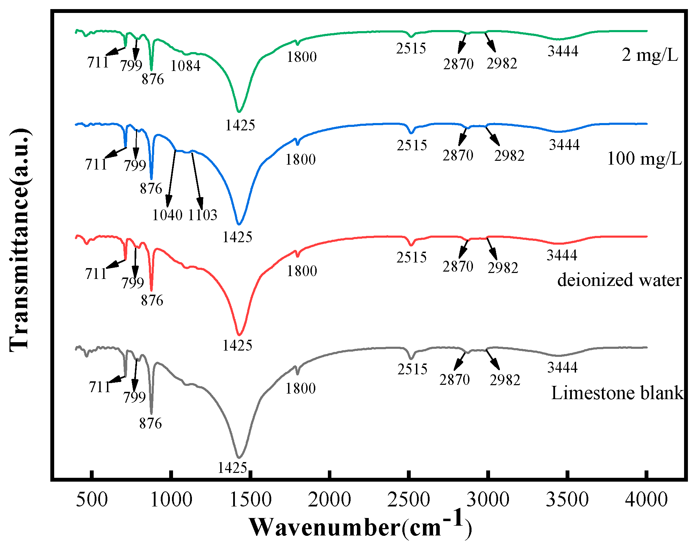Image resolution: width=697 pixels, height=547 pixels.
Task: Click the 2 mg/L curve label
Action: (650, 55)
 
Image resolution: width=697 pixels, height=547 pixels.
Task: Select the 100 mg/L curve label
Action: (644, 159)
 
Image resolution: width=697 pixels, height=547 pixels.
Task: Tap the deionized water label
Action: (619, 280)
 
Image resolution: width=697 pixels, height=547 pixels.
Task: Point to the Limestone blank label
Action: (617, 393)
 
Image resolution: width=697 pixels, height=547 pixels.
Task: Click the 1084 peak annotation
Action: (185, 66)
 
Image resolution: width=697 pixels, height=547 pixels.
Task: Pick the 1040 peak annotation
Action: (167, 215)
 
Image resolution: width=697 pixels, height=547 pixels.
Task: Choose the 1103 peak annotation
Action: (203, 215)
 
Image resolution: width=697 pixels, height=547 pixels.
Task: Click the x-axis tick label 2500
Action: (408, 499)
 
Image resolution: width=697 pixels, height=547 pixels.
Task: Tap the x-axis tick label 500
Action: (92, 499)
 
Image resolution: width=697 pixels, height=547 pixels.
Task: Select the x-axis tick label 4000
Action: (646, 499)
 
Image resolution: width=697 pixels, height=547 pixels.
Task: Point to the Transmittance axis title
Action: (19, 240)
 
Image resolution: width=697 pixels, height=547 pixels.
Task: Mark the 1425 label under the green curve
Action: (240, 125)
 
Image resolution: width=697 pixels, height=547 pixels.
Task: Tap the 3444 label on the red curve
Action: (562, 255)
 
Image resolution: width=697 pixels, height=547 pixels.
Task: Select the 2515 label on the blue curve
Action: (411, 145)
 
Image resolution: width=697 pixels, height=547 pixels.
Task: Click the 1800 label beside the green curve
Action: (301, 57)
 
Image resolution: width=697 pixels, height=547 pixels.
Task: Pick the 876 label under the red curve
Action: (152, 300)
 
